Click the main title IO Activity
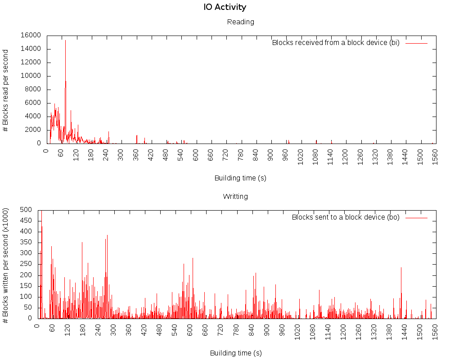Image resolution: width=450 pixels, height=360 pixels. [x=225, y=7]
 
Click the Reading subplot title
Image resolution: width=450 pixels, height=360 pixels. [x=240, y=22]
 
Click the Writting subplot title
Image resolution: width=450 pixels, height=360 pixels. [x=235, y=196]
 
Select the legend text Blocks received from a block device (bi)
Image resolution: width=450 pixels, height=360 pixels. [x=336, y=43]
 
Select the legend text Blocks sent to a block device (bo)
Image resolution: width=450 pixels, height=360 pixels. [x=346, y=217]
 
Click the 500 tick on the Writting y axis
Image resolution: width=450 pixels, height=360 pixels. [x=26, y=210]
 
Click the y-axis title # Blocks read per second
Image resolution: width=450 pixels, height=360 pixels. [x=6, y=90]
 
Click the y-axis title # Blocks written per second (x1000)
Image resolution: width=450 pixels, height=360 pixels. [x=6, y=265]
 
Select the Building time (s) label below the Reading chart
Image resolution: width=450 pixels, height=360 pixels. [x=240, y=178]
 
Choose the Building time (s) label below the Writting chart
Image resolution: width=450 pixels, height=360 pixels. [x=235, y=353]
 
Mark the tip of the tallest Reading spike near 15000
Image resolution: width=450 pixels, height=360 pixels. [x=65, y=40]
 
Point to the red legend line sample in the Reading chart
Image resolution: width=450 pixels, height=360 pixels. [x=416, y=43]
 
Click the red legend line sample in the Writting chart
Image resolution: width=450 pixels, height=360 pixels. [x=416, y=217]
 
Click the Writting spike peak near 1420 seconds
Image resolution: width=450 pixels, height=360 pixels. [x=401, y=268]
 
